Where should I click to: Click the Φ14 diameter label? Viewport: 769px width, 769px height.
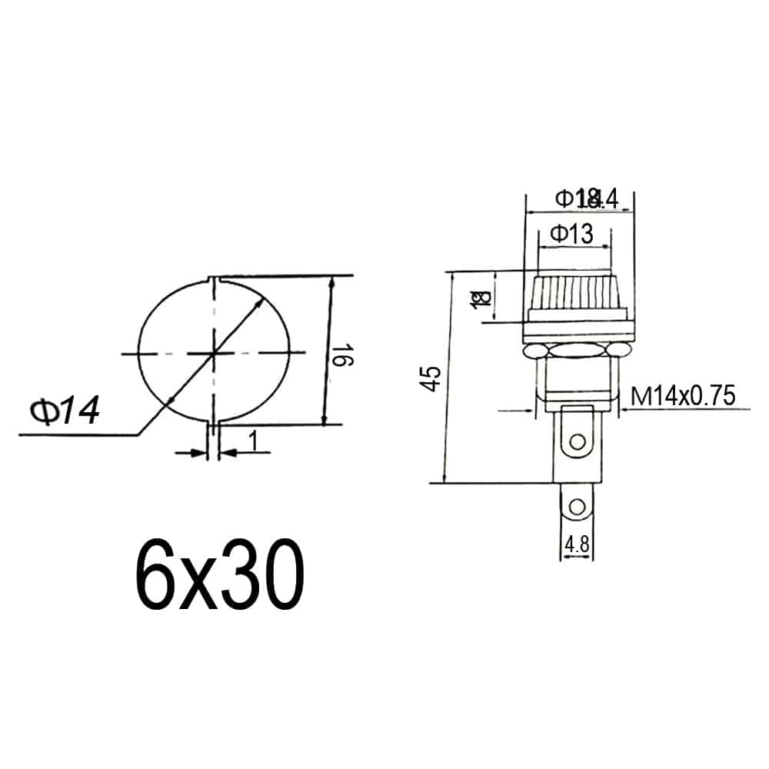pyautogui.click(x=65, y=412)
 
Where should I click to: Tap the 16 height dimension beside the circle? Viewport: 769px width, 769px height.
pyautogui.click(x=344, y=357)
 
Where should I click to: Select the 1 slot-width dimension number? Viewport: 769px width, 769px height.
pyautogui.click(x=252, y=442)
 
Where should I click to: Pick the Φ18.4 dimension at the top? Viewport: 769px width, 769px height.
pyautogui.click(x=587, y=199)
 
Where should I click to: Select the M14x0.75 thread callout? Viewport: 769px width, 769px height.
pyautogui.click(x=683, y=397)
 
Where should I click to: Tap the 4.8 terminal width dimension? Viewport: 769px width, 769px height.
pyautogui.click(x=577, y=545)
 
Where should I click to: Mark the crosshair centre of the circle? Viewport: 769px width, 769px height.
pyautogui.click(x=214, y=353)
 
